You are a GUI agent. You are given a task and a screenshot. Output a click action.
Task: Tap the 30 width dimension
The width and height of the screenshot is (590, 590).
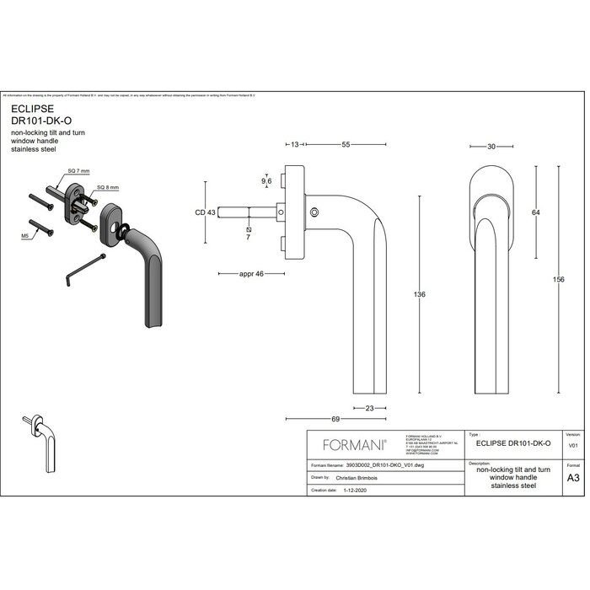(x=491, y=146)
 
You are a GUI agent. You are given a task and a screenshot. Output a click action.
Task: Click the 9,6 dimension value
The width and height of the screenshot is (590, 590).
(x=266, y=180)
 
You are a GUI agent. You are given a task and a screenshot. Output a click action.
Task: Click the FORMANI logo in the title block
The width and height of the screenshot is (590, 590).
(x=351, y=442)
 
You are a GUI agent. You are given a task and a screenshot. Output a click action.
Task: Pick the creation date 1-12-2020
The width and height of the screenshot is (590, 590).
(x=348, y=489)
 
